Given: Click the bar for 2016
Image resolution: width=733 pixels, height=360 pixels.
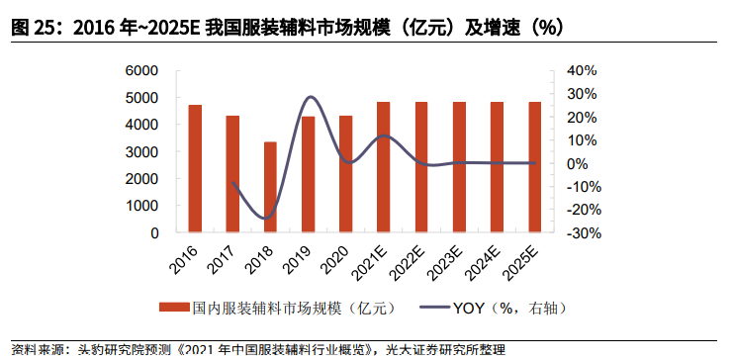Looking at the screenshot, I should [x=195, y=169].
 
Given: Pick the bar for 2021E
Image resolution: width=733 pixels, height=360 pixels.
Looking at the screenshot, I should [x=383, y=167].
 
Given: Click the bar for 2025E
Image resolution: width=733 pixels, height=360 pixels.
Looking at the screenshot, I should [x=534, y=167].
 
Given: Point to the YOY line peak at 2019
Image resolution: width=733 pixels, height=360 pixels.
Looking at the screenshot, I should [x=310, y=97].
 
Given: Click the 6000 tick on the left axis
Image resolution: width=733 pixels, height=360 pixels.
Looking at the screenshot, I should [x=142, y=71].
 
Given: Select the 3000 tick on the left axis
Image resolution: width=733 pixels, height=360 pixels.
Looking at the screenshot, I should [x=142, y=152].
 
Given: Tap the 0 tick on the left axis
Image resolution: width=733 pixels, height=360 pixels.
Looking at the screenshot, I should [x=155, y=234].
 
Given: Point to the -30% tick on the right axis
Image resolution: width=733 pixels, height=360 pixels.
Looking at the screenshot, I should [x=582, y=234].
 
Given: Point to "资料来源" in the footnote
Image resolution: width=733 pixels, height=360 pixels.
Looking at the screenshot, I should [x=32, y=350].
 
